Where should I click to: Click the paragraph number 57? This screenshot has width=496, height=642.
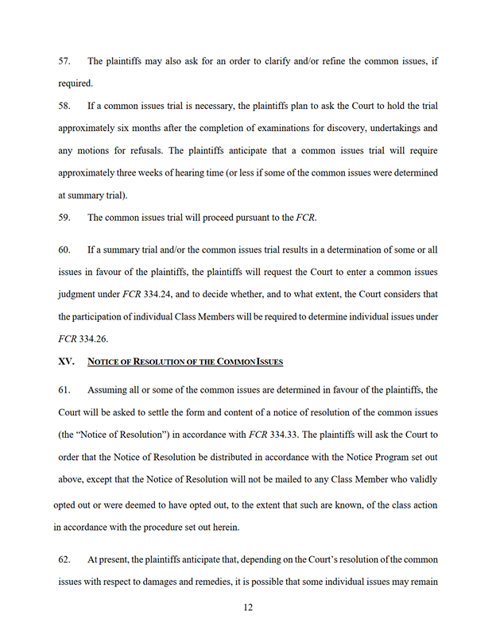(65, 61)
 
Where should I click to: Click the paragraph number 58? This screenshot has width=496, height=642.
(65, 106)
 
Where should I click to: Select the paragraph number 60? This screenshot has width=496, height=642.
(65, 249)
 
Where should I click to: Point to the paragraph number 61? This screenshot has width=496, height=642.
(65, 390)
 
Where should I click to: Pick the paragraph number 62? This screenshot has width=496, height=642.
(65, 559)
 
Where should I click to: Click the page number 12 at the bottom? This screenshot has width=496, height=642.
(248, 608)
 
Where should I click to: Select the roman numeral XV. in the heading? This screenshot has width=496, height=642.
(67, 362)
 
